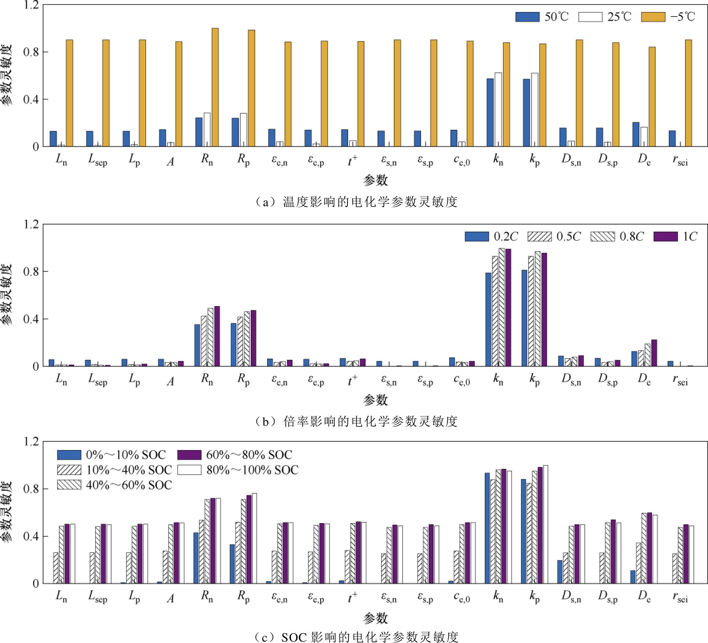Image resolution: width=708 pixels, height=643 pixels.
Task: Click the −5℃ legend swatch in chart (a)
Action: [x=653, y=17]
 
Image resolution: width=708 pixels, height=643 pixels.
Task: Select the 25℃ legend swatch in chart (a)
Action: [x=590, y=17]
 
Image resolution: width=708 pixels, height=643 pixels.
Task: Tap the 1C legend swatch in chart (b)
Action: [x=665, y=237]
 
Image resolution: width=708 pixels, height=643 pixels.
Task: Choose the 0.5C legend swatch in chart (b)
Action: [x=539, y=237]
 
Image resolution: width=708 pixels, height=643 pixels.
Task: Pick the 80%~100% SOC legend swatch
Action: [x=189, y=470]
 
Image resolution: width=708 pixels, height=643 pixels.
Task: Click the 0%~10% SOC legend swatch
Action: [x=69, y=455]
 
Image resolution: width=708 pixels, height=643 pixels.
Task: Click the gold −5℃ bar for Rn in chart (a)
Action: [x=215, y=87]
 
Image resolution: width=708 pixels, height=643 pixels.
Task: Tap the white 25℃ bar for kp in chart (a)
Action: [x=535, y=110]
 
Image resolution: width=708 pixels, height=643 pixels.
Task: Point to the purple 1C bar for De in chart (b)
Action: [x=654, y=353]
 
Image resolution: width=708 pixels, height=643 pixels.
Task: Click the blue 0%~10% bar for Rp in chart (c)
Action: [x=232, y=564]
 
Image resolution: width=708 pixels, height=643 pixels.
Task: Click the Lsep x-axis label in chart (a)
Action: [x=98, y=160]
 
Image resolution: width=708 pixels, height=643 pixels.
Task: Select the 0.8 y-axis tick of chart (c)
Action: [x=31, y=489]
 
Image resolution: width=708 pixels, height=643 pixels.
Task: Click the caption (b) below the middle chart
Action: [x=356, y=421]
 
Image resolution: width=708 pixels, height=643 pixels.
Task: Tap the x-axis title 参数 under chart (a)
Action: [x=375, y=180]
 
